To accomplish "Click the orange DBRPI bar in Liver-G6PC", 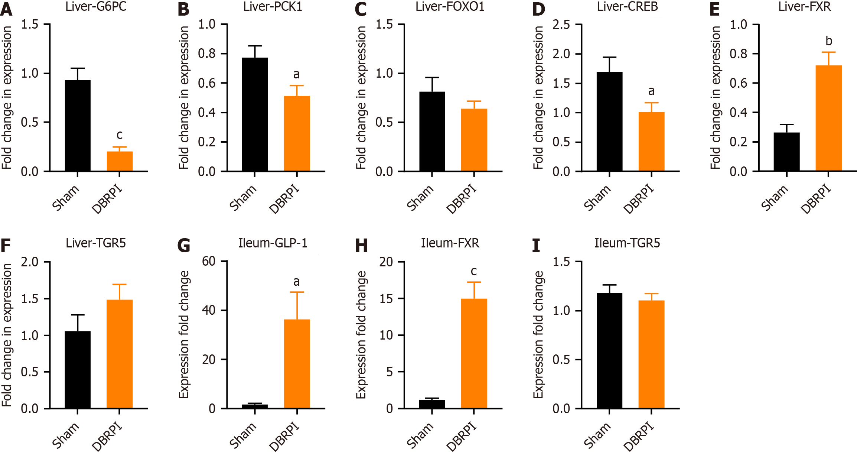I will [120, 161].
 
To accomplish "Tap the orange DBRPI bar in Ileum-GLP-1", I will [297, 364].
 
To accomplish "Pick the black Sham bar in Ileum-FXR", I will [432, 404].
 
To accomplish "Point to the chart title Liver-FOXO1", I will [450, 7].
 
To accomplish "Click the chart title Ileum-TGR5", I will [627, 243].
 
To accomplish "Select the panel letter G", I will [184, 246].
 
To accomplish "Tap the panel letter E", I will [714, 9].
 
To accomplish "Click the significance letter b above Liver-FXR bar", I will [828, 41].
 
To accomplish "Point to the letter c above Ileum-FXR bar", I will [474, 271].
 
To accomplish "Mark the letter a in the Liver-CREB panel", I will [651, 91].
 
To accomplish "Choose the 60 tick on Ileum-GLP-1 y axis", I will [209, 261].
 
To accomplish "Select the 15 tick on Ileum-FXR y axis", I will [386, 298].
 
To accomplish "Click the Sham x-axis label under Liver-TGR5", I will [66, 435].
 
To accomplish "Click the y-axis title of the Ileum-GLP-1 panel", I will [184, 334].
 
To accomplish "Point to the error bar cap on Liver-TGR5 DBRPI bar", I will [120, 285].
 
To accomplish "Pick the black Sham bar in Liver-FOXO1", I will [432, 132].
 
